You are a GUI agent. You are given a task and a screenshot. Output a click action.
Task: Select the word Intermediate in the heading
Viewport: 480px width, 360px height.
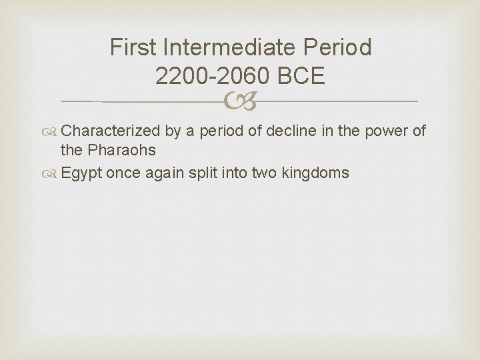[231, 48]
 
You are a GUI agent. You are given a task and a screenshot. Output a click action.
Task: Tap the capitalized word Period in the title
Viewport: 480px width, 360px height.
[339, 48]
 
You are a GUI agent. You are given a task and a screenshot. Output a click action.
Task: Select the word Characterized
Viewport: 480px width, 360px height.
[111, 131]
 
